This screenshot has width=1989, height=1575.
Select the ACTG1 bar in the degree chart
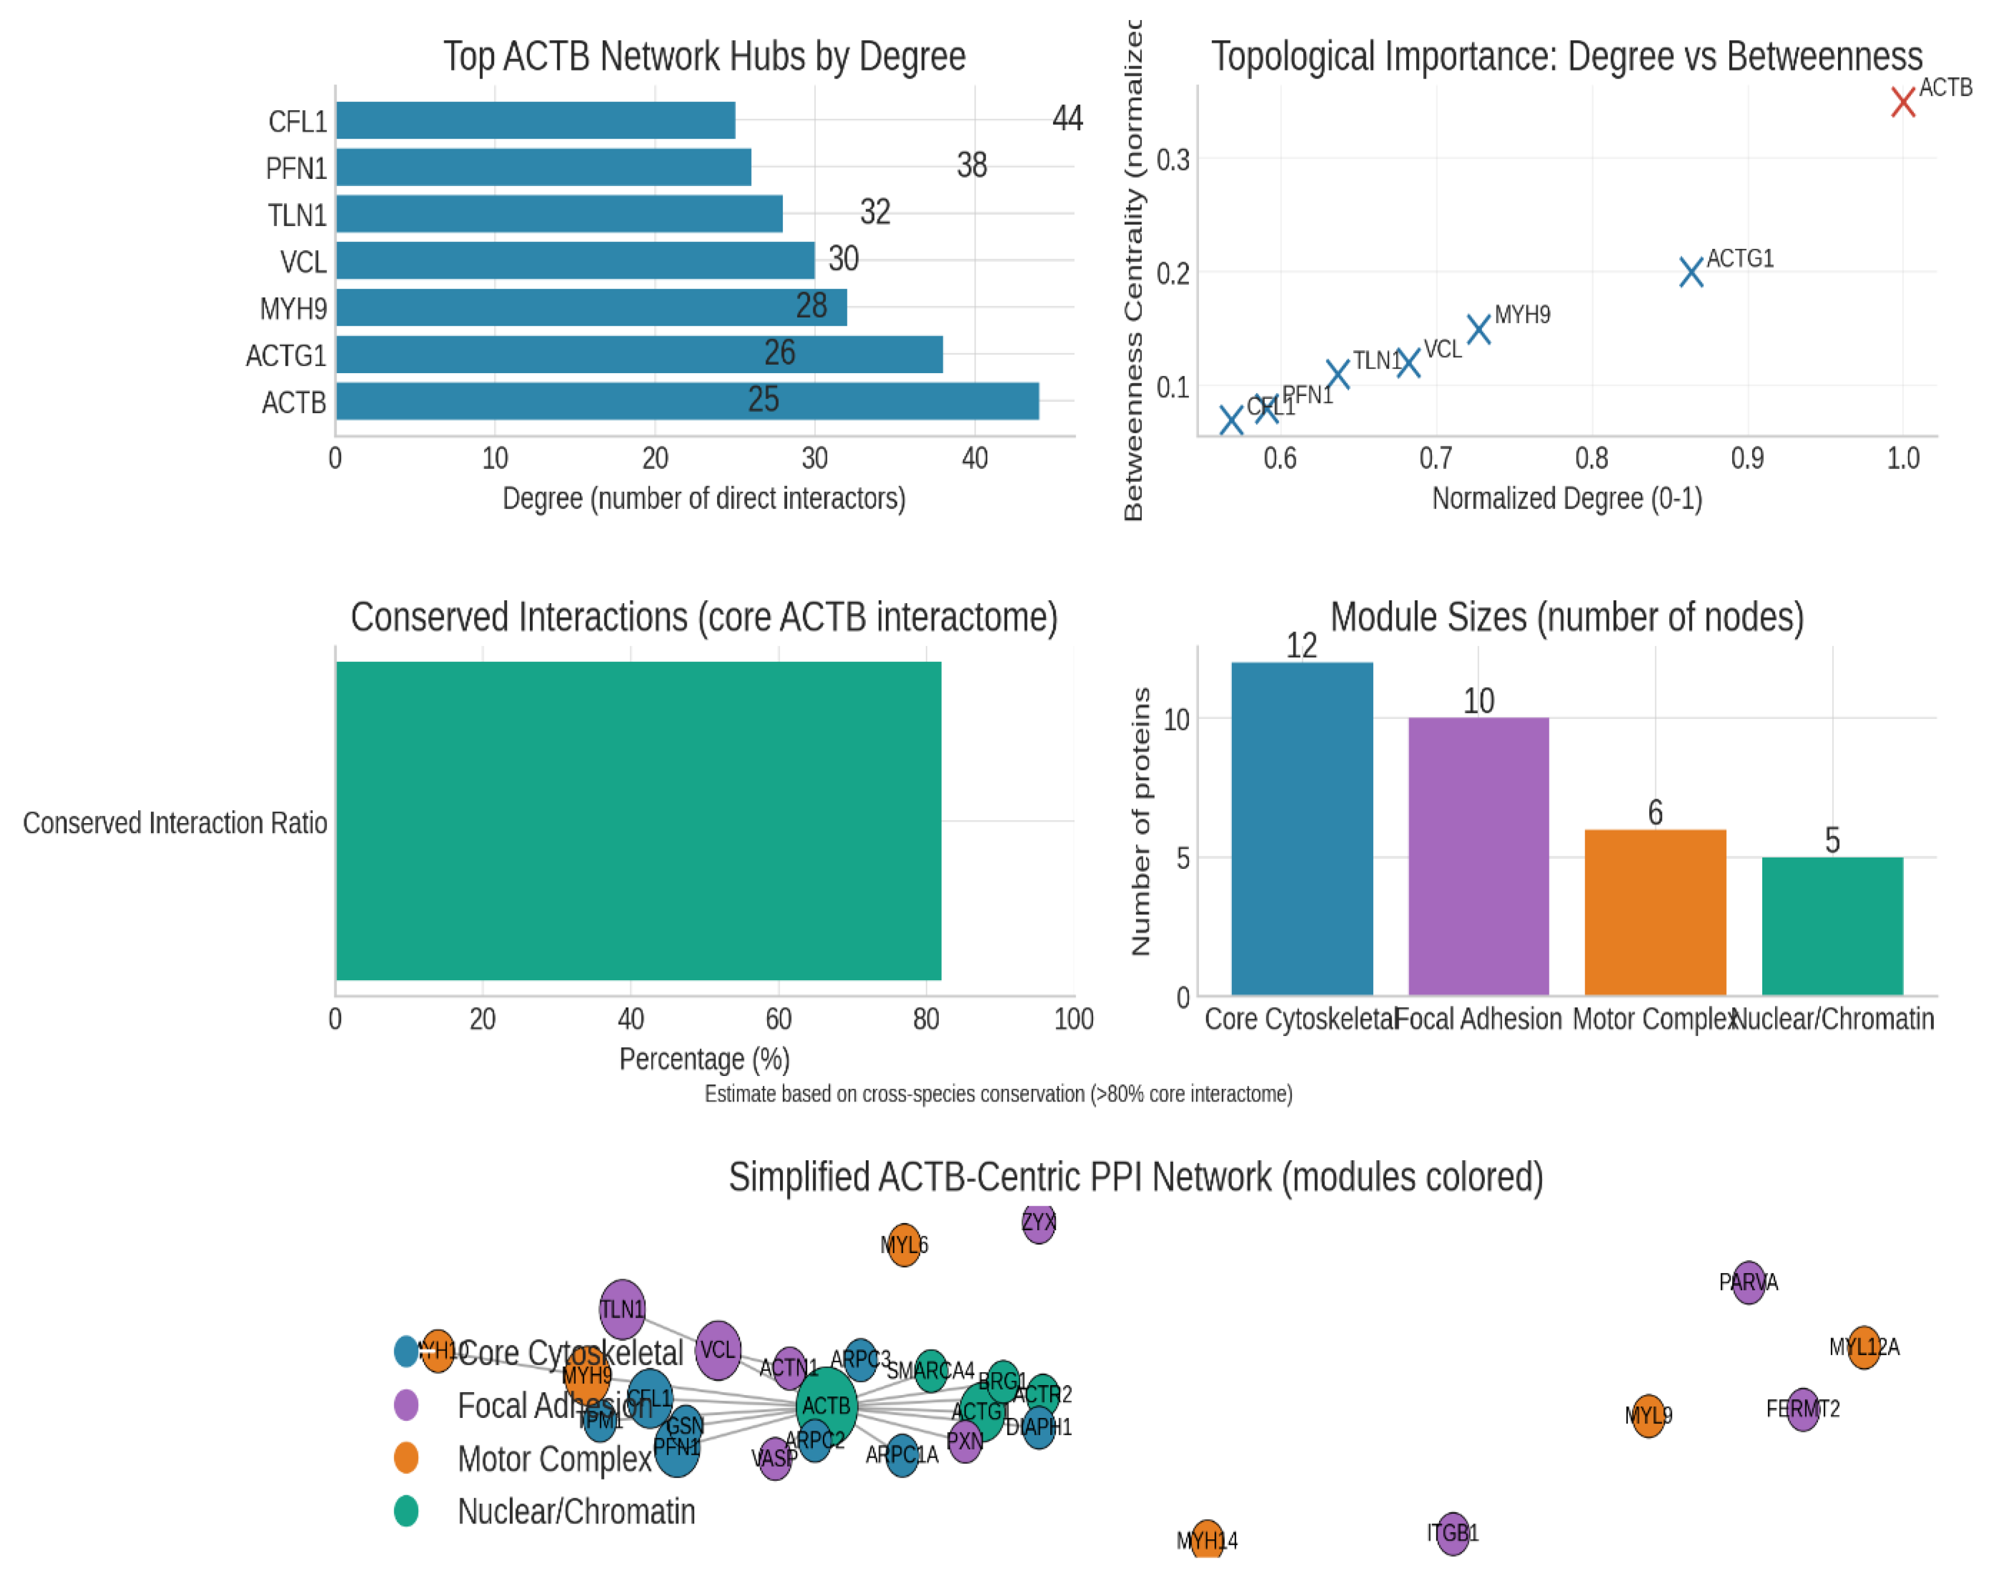pos(638,355)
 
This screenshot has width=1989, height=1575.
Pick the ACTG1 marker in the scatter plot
pos(1691,272)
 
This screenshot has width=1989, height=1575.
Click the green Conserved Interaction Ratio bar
pos(638,821)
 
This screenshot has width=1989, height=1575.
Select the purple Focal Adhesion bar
pos(1478,856)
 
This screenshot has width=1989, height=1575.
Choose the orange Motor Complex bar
pos(1655,912)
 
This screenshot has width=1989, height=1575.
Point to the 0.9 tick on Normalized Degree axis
pos(1747,458)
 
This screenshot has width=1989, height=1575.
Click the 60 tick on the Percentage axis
pos(779,1019)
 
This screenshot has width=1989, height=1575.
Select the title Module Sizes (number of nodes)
pos(1567,617)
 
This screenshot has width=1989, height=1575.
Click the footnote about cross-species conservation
pos(998,1094)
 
